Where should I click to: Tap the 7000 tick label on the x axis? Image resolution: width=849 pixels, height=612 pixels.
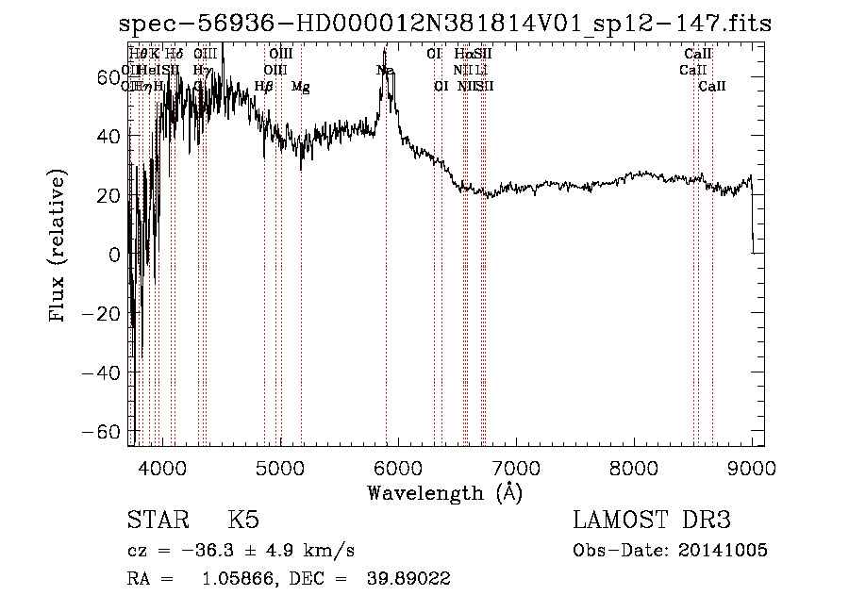516,465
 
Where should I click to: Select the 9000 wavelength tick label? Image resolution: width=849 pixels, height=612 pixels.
752,465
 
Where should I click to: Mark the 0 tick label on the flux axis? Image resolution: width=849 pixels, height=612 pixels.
114,255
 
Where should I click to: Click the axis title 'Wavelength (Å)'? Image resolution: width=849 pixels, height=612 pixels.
444,492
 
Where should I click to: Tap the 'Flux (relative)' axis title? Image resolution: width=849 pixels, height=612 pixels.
59,247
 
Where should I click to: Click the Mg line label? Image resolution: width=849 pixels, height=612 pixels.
300,87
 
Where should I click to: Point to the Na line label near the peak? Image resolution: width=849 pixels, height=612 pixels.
385,71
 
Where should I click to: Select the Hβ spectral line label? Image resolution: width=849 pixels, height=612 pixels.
264,87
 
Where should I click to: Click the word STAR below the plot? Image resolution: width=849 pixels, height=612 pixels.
155,521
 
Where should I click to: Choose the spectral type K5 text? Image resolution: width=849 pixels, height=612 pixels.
243,521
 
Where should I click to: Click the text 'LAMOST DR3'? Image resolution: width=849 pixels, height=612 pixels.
652,521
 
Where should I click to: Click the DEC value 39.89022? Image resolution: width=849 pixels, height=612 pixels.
408,580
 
